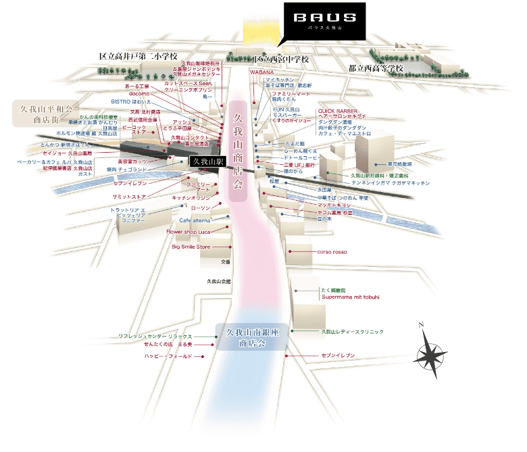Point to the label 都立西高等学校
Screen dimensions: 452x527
coord(376,68)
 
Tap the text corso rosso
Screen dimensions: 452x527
coord(331,252)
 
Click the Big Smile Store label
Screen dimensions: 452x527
coord(191,247)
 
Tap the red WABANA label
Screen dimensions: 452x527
coord(261,72)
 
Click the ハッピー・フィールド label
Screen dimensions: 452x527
coord(168,355)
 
